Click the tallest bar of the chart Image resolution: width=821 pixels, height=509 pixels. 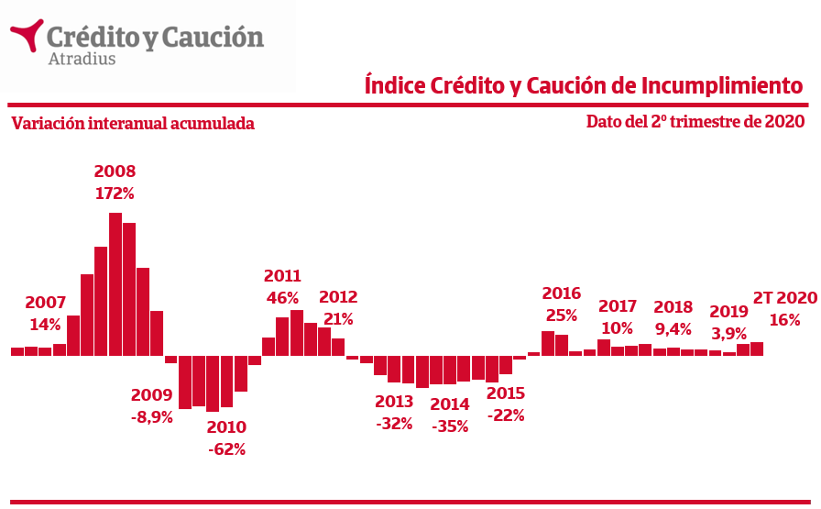[x=115, y=283]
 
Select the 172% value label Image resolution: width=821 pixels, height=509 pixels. [x=115, y=194]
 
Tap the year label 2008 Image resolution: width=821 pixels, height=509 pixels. [x=115, y=172]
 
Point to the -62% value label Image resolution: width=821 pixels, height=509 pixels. [x=226, y=449]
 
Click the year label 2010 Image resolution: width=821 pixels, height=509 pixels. [x=226, y=427]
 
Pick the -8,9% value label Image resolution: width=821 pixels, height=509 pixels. [x=151, y=417]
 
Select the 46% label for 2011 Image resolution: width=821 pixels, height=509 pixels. [x=282, y=298]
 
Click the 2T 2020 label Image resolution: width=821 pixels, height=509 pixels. [x=784, y=297]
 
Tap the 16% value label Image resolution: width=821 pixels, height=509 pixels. [x=784, y=320]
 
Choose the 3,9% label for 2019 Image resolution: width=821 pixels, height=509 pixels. [x=729, y=333]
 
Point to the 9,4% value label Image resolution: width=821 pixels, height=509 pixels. [x=673, y=329]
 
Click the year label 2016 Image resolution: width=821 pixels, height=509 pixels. [x=562, y=293]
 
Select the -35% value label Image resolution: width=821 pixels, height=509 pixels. [x=450, y=426]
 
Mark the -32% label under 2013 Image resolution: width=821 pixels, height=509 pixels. [x=394, y=424]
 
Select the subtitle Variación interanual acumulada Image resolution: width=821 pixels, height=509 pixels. [x=133, y=124]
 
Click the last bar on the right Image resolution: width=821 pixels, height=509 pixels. [x=757, y=349]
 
